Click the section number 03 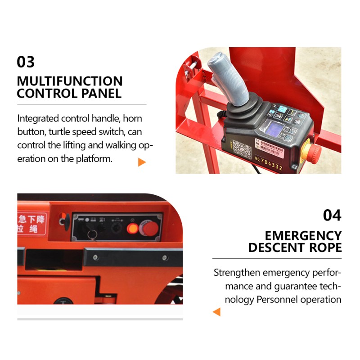pos(26,62)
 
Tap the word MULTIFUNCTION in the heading pos(70,81)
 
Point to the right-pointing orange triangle pos(142,162)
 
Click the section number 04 pos(332,216)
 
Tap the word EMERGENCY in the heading pos(303,235)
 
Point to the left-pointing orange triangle pos(216,311)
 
